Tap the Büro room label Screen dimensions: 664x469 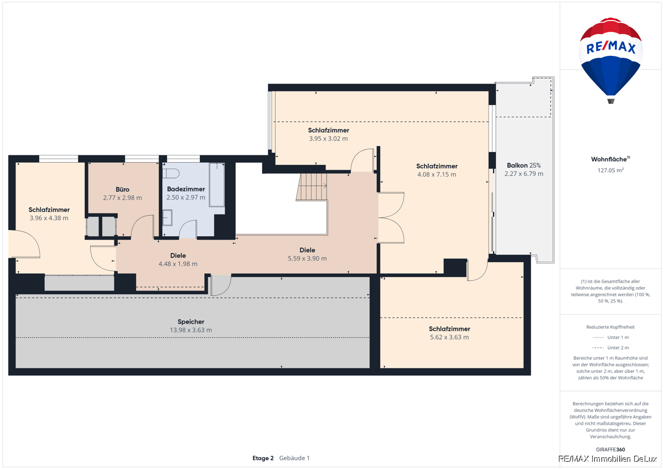[x=122, y=190]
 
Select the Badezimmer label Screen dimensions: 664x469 [x=186, y=189]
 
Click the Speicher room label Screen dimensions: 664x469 [x=191, y=322]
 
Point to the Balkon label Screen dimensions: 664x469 [x=517, y=165]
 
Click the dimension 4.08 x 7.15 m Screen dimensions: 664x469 [x=437, y=175]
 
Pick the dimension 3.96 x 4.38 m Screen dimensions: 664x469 [x=49, y=218]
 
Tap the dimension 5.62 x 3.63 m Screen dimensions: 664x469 [x=449, y=337]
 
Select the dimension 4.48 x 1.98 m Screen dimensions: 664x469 [x=178, y=264]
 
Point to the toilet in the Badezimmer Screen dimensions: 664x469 [x=171, y=173]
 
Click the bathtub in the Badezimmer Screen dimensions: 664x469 [x=217, y=185]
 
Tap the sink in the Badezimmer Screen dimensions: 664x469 [x=168, y=218]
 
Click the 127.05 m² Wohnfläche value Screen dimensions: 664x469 [x=610, y=170]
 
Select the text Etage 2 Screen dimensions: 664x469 [x=263, y=458]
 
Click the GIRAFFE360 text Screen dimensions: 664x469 [x=610, y=450]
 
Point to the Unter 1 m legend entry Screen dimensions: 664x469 [x=610, y=337]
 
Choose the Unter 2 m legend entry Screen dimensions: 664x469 [x=610, y=348]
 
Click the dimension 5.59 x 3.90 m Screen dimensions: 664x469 [x=307, y=259]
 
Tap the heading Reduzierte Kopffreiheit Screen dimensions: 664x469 [x=610, y=327]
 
